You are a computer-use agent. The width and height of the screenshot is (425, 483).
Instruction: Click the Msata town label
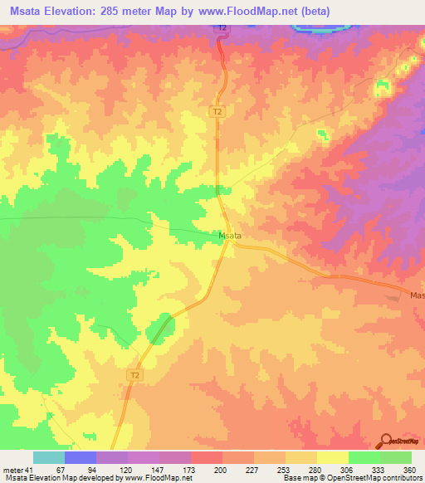pyautogui.click(x=230, y=236)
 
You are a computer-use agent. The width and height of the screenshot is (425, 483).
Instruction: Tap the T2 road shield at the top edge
pyautogui.click(x=222, y=28)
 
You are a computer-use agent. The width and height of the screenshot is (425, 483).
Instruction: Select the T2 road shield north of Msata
pyautogui.click(x=217, y=110)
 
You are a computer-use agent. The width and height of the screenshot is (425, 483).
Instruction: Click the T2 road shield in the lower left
pyautogui.click(x=134, y=376)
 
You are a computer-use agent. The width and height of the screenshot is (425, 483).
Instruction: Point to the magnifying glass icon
pyautogui.click(x=386, y=441)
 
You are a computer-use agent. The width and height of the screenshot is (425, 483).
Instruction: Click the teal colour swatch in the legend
pyautogui.click(x=49, y=457)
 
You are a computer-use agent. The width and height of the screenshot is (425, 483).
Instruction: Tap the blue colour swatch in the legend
pyautogui.click(x=81, y=457)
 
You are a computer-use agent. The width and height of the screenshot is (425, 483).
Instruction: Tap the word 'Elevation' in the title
pyautogui.click(x=88, y=11)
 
